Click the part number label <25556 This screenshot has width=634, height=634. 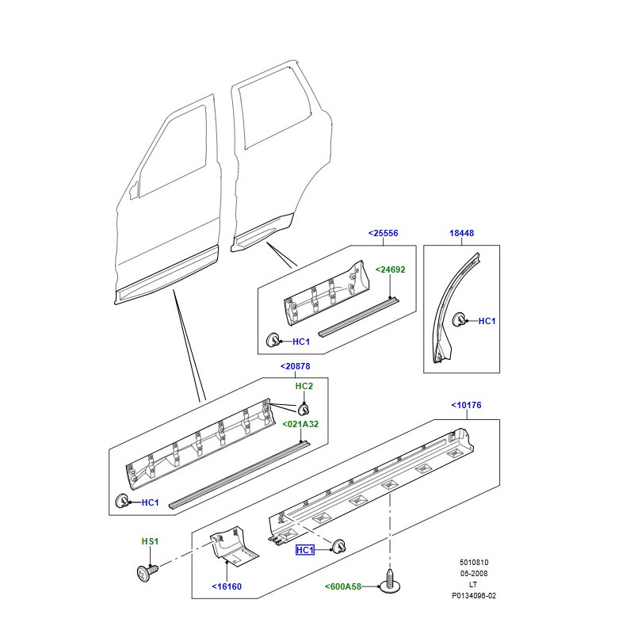(383, 233)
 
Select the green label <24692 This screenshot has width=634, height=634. (390, 269)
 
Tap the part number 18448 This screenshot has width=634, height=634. (461, 233)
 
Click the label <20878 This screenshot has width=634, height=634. (295, 366)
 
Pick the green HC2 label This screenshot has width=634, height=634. (304, 386)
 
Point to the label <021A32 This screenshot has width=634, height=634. (300, 424)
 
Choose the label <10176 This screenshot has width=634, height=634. (466, 405)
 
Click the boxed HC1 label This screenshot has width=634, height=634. (305, 550)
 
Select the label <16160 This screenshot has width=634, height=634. (227, 587)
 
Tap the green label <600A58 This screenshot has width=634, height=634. (343, 586)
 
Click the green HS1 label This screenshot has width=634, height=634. (151, 541)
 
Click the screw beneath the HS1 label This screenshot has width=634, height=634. (146, 570)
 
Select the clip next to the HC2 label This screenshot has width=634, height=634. (304, 410)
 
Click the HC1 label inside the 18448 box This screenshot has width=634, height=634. (487, 321)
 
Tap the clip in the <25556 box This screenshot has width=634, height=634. (273, 342)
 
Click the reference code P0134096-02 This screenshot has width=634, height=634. (474, 595)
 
